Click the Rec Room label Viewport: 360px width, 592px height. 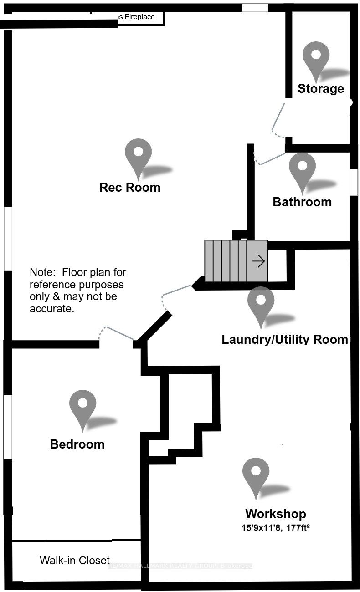(x=130, y=187)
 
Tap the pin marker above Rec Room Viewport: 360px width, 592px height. (x=138, y=155)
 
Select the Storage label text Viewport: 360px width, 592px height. (x=320, y=88)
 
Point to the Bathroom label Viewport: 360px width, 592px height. (x=302, y=202)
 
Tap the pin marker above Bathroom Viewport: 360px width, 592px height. (x=302, y=169)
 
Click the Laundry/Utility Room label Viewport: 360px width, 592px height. (x=284, y=339)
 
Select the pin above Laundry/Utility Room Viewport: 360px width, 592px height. (x=261, y=303)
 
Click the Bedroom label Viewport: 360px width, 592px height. (x=77, y=444)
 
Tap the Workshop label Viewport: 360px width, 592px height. (x=275, y=514)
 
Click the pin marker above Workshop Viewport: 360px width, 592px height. (x=256, y=474)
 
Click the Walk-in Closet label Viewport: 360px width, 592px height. (x=75, y=560)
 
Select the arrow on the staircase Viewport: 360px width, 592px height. (x=258, y=261)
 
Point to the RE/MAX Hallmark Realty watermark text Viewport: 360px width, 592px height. (x=180, y=566)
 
